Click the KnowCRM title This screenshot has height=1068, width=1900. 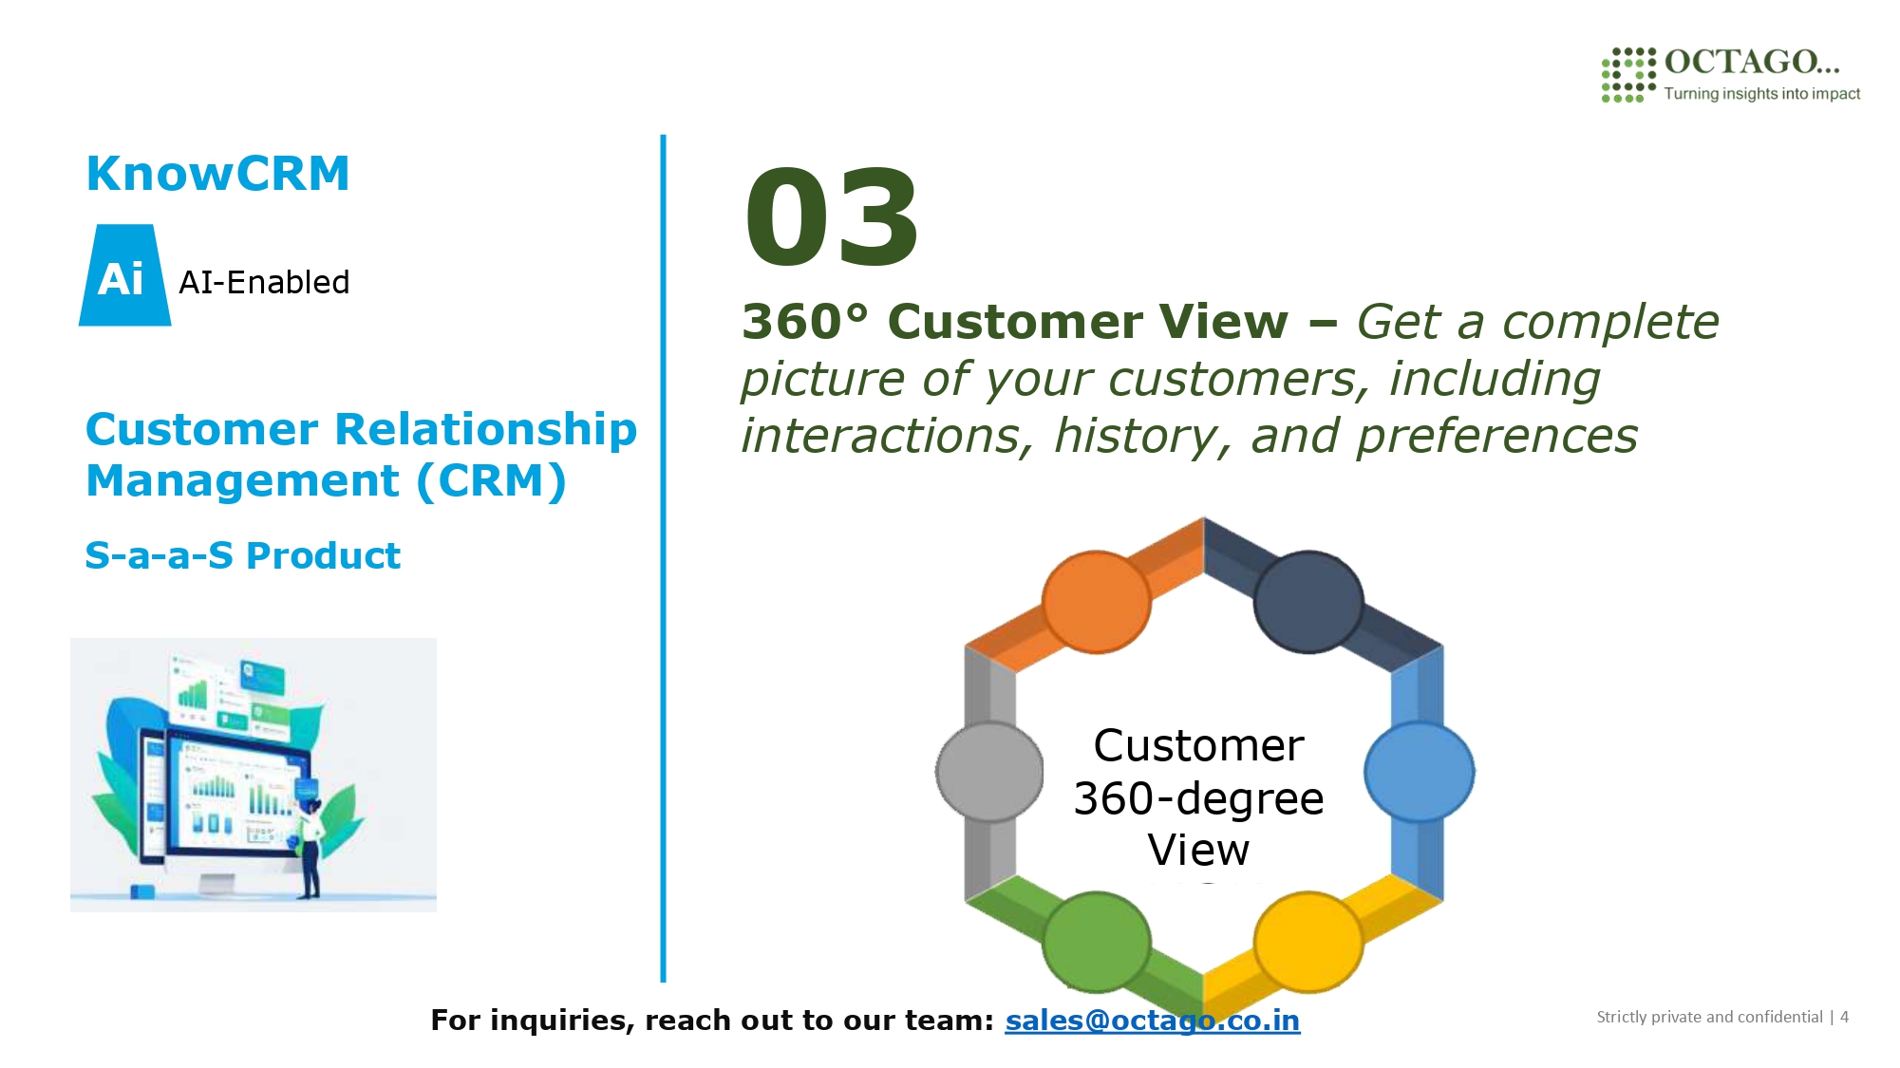218,174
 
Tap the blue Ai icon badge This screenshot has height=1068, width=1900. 125,275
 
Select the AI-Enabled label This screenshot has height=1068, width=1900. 264,282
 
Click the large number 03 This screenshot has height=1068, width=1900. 831,218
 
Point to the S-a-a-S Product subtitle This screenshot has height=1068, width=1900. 243,555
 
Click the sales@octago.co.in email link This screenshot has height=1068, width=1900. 1153,1020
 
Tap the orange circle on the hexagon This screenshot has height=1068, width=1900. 1097,602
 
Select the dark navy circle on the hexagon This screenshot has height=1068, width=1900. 1308,602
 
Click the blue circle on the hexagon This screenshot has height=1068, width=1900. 1420,772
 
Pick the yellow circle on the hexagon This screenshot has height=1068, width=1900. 1308,943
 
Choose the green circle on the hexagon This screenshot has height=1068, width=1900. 1097,943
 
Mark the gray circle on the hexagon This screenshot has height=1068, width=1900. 990,772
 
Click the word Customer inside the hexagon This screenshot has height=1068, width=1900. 1198,745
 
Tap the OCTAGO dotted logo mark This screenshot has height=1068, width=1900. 1628,74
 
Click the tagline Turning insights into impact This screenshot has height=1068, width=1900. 1761,93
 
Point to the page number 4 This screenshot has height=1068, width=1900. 1844,1017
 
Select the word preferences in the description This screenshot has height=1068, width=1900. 1496,437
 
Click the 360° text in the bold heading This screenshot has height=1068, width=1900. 805,321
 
